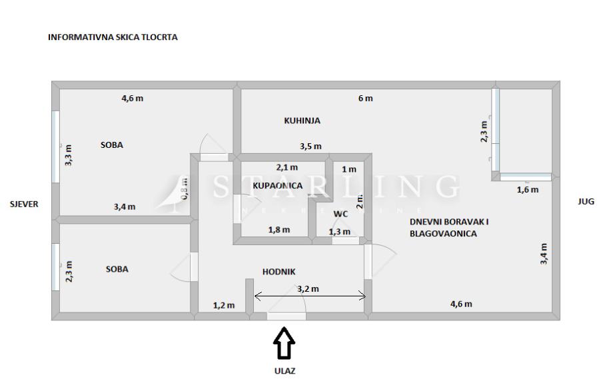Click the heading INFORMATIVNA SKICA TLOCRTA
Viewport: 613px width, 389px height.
click(x=113, y=38)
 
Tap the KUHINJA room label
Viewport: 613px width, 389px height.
click(x=303, y=121)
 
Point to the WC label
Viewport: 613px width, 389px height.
click(x=340, y=214)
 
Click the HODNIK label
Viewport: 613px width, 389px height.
click(x=279, y=271)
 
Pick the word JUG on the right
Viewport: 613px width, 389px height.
click(x=586, y=201)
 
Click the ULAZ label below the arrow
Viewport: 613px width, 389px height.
click(x=285, y=371)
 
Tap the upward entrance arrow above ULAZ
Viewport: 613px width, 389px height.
click(x=285, y=342)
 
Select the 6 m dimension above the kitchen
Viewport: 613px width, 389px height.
click(x=365, y=99)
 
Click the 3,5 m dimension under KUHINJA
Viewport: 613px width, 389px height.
click(x=310, y=146)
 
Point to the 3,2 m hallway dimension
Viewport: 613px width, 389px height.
click(x=307, y=289)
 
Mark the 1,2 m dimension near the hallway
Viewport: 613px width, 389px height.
click(x=224, y=306)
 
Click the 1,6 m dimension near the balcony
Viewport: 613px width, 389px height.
click(x=528, y=189)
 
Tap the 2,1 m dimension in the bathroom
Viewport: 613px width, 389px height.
click(x=287, y=167)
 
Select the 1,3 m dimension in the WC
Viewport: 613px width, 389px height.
click(x=339, y=231)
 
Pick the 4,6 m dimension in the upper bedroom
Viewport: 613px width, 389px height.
click(x=132, y=99)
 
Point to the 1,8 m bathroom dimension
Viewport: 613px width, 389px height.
click(x=279, y=230)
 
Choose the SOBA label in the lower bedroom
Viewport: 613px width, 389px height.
click(x=117, y=269)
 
